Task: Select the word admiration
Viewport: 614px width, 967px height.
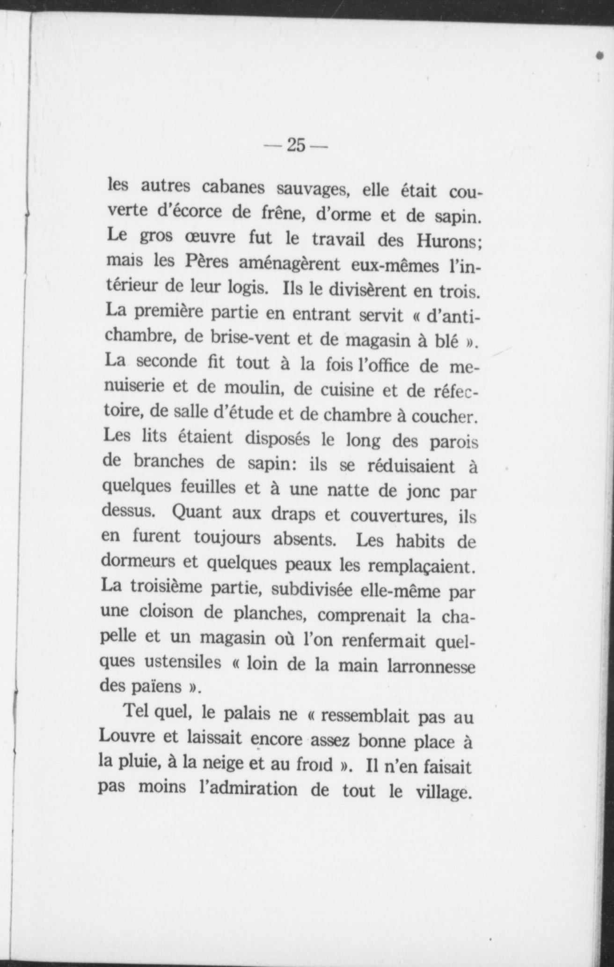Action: (248, 789)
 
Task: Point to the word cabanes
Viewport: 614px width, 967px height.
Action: (233, 188)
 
